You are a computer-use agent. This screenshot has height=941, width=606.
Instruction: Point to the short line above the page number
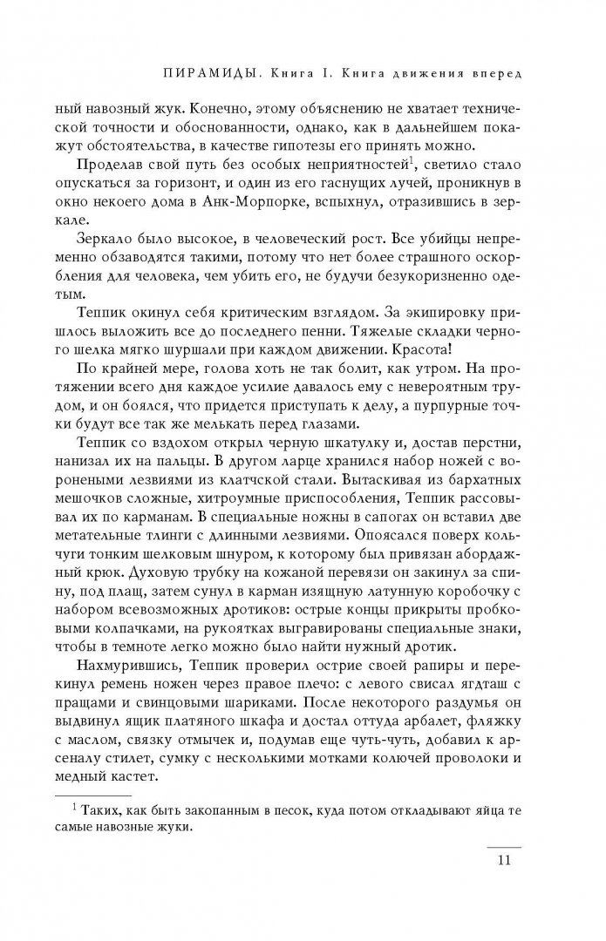503,848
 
